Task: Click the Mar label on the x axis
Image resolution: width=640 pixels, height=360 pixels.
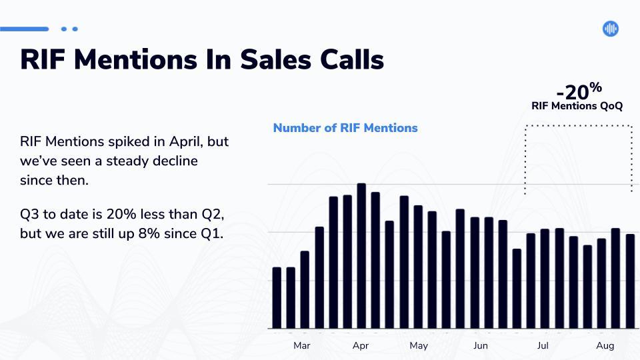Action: coord(301,346)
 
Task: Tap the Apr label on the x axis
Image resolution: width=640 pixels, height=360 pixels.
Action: coord(361,346)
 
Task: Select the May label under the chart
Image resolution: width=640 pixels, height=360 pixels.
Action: coord(419,346)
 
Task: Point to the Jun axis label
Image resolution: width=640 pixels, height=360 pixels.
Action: coord(481,346)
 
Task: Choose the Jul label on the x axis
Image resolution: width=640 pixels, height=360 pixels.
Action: coord(543,346)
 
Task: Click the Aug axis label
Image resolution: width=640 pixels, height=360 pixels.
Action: coord(605,346)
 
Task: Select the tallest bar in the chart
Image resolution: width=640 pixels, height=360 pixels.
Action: coord(361,256)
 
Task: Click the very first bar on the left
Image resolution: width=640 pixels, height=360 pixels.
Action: coord(277,298)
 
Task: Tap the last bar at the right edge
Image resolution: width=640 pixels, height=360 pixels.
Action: coord(630,281)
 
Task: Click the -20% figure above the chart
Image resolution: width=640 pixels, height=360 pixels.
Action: coord(579,91)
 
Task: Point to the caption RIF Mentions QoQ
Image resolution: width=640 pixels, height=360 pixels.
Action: coord(577,106)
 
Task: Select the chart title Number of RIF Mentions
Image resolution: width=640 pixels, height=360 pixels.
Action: coord(345,128)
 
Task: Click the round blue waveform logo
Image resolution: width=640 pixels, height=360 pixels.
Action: coord(611,29)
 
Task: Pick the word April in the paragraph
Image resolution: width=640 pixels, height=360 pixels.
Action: coord(185,142)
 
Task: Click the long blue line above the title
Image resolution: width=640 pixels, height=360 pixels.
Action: coord(25,29)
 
